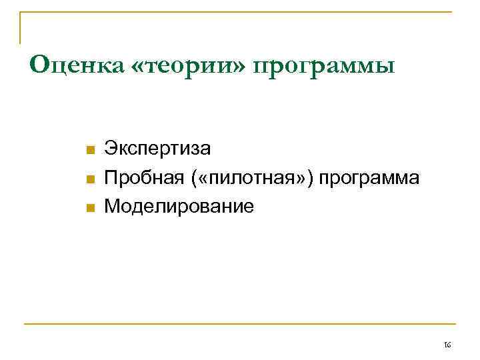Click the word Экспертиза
tap(157, 149)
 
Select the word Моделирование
tap(179, 206)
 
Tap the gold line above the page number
tap(240, 324)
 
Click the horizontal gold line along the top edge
tap(240, 12)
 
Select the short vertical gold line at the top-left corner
tap(21, 27)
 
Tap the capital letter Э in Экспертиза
tap(111, 149)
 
